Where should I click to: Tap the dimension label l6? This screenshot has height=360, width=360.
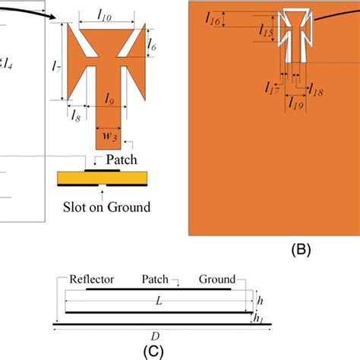pyautogui.click(x=151, y=48)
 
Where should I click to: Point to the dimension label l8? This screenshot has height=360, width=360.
pyautogui.click(x=76, y=116)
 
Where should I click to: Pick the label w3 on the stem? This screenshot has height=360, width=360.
pyautogui.click(x=109, y=137)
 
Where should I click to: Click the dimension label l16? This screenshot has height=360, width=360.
pyautogui.click(x=213, y=23)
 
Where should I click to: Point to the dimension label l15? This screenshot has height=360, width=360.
pyautogui.click(x=265, y=32)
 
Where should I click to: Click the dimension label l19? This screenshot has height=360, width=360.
pyautogui.click(x=297, y=106)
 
